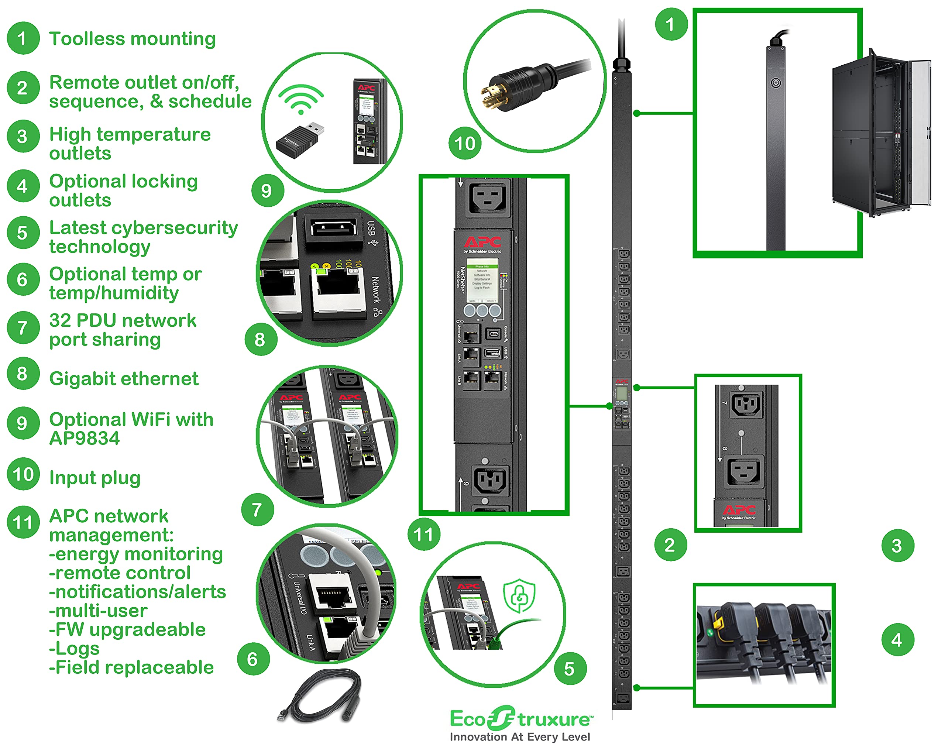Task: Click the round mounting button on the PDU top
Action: click(x=776, y=82)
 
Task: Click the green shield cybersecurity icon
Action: click(x=519, y=595)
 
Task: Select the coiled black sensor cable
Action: click(x=322, y=697)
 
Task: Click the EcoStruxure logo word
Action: click(x=522, y=719)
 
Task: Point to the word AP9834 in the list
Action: click(x=84, y=438)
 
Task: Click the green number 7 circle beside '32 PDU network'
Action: click(x=23, y=328)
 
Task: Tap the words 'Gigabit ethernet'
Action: click(x=124, y=379)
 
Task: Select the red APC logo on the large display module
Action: click(x=482, y=243)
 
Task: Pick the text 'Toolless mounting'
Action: click(x=133, y=38)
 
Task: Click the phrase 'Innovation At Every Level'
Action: click(x=520, y=737)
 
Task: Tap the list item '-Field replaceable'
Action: click(x=131, y=667)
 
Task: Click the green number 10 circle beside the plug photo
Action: click(x=465, y=143)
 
